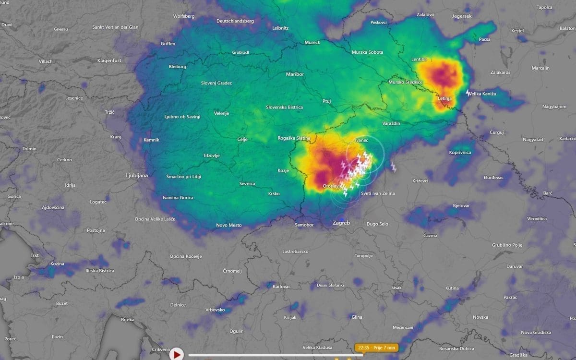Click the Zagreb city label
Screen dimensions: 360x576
341,223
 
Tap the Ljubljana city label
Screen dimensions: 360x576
137,175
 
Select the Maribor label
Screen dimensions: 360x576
295,74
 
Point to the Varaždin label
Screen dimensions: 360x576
391,123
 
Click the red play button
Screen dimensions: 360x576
177,354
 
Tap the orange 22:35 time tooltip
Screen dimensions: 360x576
376,347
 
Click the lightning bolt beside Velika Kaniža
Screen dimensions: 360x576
468,93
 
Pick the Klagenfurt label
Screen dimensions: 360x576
109,60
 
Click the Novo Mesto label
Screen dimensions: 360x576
229,225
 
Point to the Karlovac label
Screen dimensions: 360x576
281,287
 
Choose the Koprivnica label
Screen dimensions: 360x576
460,152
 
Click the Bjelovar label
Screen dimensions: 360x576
461,205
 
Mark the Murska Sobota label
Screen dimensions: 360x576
367,52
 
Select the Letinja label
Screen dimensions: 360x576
445,98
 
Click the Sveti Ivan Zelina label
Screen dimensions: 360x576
378,193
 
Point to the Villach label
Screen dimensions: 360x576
46,61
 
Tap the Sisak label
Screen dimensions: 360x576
396,288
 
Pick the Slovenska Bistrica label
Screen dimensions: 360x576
284,107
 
